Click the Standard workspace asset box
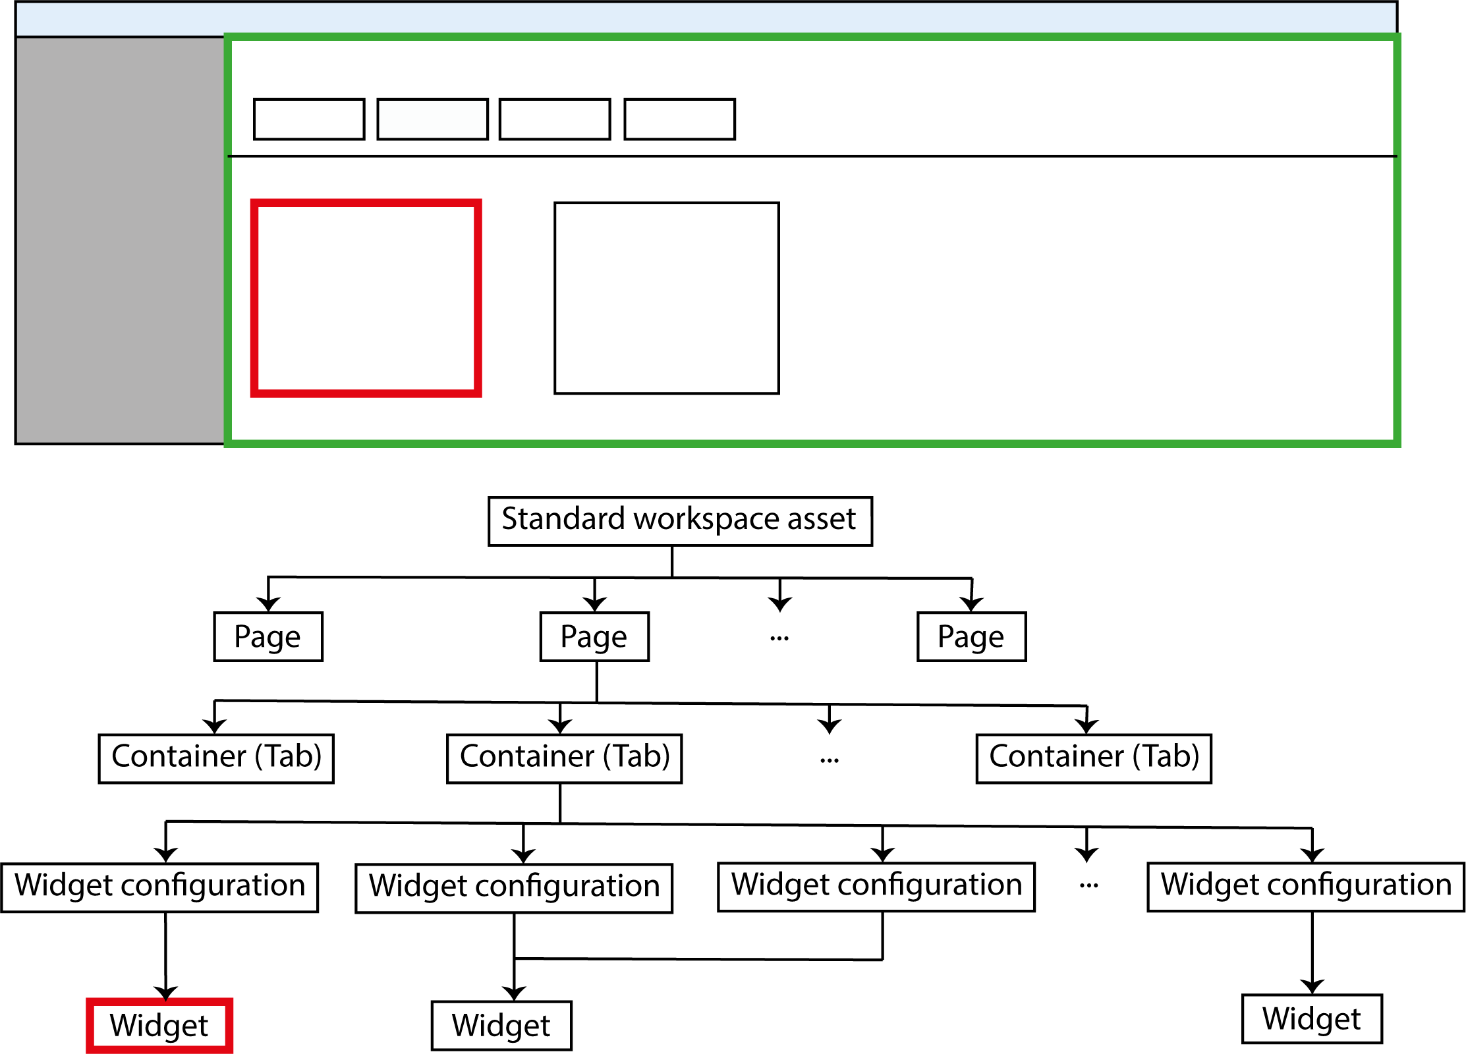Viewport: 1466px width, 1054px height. click(680, 521)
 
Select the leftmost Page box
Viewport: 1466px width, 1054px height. click(268, 636)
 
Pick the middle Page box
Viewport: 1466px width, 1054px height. click(594, 636)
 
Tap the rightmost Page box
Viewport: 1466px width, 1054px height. click(971, 636)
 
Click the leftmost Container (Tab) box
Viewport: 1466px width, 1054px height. click(216, 758)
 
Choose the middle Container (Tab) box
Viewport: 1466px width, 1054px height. click(564, 758)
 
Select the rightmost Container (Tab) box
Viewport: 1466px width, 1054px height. click(1094, 758)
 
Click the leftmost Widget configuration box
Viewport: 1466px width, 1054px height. click(159, 887)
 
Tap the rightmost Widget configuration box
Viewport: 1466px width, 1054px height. click(1306, 887)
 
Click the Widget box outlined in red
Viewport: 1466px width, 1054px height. click(159, 1026)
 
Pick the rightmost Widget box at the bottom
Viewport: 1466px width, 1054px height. click(1312, 1019)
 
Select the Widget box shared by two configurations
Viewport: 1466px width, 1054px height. click(501, 1026)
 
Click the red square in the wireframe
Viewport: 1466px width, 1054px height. click(366, 298)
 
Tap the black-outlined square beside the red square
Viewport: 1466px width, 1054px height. click(667, 298)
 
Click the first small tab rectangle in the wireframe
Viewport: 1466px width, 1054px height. click(309, 119)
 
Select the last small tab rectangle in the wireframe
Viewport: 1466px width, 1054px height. click(679, 119)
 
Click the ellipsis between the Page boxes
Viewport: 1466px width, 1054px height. click(779, 638)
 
